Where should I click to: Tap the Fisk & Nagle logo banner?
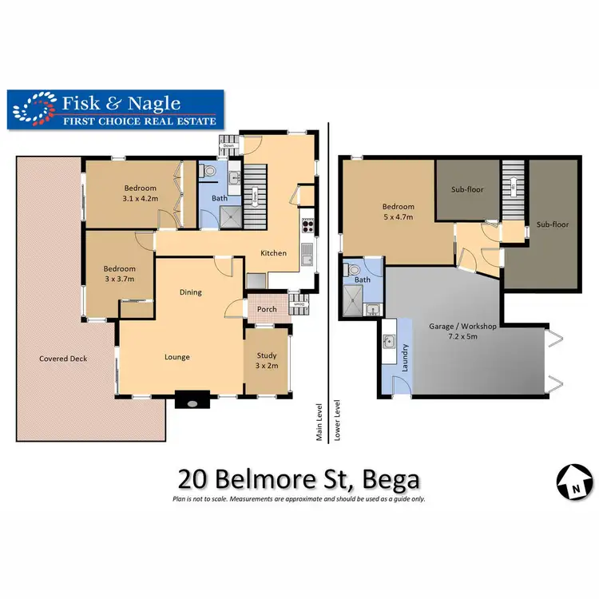[116, 109]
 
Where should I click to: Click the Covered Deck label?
[63, 359]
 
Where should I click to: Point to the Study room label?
[266, 356]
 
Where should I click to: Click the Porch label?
[267, 309]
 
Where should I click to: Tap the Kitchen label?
[274, 253]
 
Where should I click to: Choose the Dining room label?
[190, 292]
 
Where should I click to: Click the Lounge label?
[177, 357]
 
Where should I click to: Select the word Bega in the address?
[391, 480]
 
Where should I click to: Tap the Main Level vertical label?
[319, 422]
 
